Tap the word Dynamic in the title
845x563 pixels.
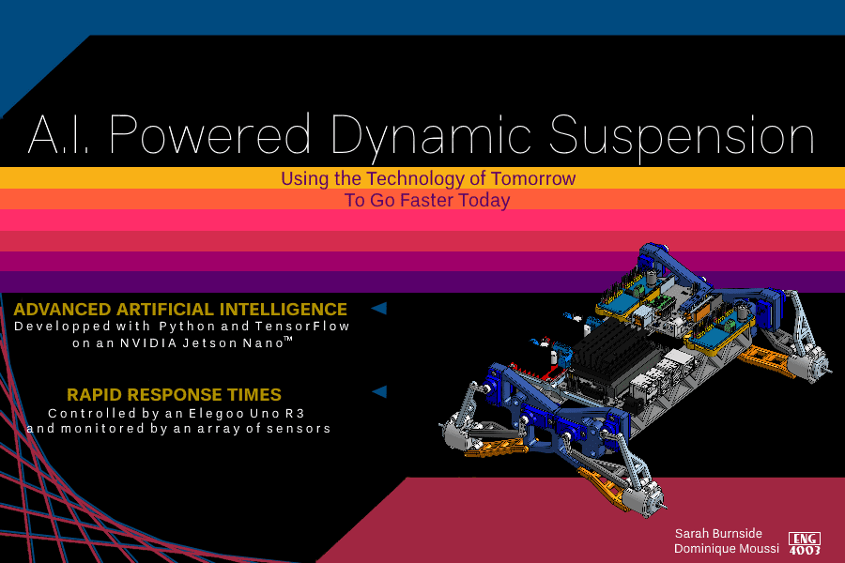[x=431, y=137]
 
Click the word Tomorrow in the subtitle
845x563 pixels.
[x=533, y=178]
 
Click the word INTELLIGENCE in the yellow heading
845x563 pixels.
[x=283, y=310]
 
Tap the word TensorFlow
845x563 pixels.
[x=302, y=327]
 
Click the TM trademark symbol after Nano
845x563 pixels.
[x=288, y=339]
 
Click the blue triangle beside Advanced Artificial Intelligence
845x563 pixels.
[x=379, y=308]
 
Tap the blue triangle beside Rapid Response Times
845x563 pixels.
[x=380, y=391]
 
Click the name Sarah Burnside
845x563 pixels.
[x=718, y=533]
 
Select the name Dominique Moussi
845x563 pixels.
[x=727, y=548]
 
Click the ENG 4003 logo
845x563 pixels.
[x=805, y=543]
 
